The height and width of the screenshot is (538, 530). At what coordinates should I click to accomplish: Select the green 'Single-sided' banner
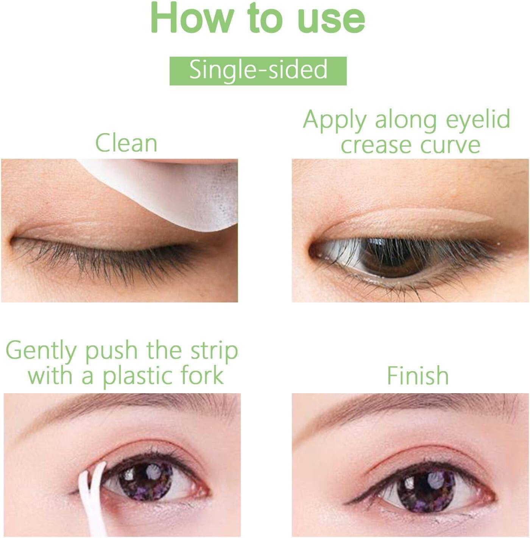258,71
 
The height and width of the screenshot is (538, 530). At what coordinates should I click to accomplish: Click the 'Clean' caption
126,143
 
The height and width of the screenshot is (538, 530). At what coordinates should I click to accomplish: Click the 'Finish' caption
418,375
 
